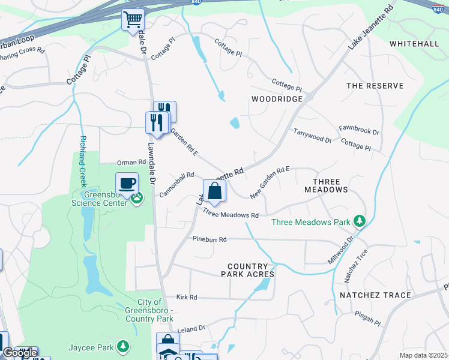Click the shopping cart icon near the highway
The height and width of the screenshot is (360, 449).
pyautogui.click(x=133, y=19)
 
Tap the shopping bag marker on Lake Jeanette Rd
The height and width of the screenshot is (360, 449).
pyautogui.click(x=214, y=192)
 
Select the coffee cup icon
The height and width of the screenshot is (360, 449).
pyautogui.click(x=127, y=183)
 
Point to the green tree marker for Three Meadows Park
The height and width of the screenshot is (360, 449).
pyautogui.click(x=360, y=222)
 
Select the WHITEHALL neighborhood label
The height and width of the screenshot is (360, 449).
pyautogui.click(x=414, y=44)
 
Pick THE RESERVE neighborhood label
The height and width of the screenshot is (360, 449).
pyautogui.click(x=375, y=86)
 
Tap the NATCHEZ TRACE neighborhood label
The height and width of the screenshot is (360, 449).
pyautogui.click(x=375, y=295)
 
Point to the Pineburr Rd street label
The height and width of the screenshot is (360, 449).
pyautogui.click(x=209, y=239)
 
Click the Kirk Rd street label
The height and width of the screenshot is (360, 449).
pyautogui.click(x=187, y=297)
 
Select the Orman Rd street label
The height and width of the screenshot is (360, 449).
pyautogui.click(x=131, y=162)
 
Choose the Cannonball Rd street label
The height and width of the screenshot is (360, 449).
pyautogui.click(x=176, y=184)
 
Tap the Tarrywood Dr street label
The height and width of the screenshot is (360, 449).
pyautogui.click(x=312, y=135)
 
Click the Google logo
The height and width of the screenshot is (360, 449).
pyautogui.click(x=19, y=353)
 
